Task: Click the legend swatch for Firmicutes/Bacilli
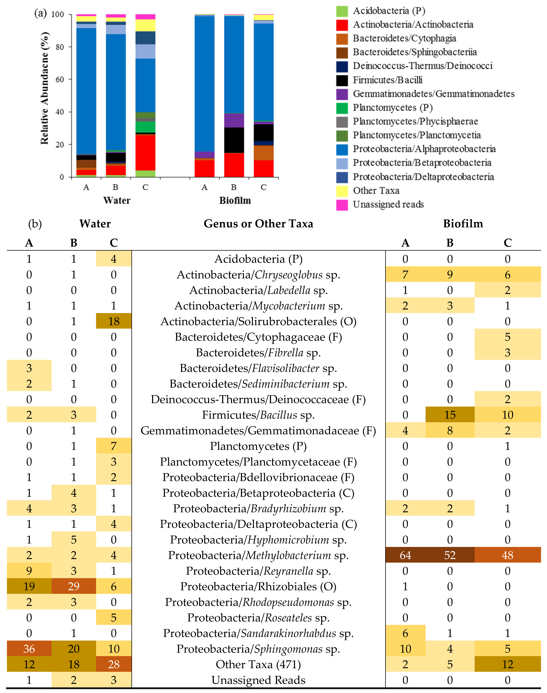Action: [x=342, y=80]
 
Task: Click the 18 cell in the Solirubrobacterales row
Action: [x=114, y=321]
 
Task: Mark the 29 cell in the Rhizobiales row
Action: [x=74, y=586]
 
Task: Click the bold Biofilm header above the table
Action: [x=463, y=224]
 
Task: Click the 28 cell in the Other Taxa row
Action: [x=114, y=664]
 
